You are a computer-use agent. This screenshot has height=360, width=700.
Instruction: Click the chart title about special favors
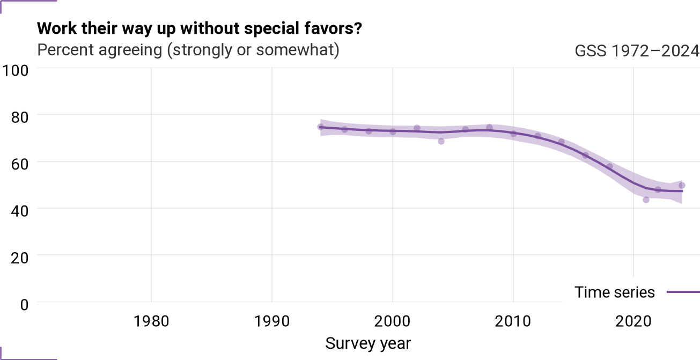pos(200,29)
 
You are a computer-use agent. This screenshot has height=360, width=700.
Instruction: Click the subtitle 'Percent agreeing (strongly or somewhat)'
pos(188,50)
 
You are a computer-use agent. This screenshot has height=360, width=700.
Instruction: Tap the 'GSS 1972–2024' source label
pos(637,51)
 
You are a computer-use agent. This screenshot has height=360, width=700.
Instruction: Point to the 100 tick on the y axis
pos(16,70)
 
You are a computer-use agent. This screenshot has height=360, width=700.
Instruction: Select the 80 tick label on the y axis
pos(20,117)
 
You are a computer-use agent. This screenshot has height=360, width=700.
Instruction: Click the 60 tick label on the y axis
pos(20,164)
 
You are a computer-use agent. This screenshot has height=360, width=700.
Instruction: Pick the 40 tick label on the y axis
pos(20,211)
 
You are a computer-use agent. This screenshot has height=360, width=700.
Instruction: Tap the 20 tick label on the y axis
pos(20,258)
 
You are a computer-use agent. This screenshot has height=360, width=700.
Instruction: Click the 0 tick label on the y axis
pos(24,305)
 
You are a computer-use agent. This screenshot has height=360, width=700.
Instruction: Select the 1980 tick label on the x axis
pos(151,321)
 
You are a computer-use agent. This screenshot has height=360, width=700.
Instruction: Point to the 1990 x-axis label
pos(272,321)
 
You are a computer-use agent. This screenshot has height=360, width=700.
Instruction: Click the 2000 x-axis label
pos(392,321)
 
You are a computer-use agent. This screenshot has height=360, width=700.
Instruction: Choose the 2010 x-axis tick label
pos(513,321)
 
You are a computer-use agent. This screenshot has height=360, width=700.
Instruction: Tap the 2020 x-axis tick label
pos(633,321)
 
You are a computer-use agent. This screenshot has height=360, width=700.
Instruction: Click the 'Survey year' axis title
pos(368,344)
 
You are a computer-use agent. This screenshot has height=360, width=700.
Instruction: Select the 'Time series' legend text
pos(614,292)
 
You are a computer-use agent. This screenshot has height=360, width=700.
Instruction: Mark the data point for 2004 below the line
pos(441,142)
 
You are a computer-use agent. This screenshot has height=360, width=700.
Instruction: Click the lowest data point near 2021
pos(646,200)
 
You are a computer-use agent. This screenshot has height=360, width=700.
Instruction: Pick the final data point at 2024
pos(682,185)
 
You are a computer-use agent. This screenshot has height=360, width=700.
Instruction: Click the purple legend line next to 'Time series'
pos(683,292)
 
